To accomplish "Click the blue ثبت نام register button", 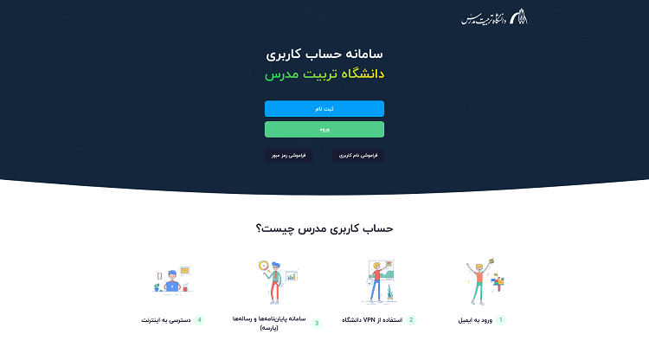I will (324, 109).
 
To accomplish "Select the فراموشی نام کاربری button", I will (358, 156).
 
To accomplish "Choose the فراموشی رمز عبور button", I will (286, 156).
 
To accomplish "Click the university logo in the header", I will (494, 17).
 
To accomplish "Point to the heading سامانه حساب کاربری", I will (324, 54).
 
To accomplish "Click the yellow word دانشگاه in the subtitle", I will (360, 74).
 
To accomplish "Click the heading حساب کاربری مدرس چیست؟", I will (324, 228).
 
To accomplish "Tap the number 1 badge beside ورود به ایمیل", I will (500, 319).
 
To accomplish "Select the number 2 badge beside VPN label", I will (411, 319).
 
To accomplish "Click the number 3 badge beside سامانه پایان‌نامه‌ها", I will (317, 323).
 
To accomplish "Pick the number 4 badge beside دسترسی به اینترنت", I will (199, 319).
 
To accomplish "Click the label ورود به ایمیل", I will (476, 319).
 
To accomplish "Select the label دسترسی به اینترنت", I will (167, 319).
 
